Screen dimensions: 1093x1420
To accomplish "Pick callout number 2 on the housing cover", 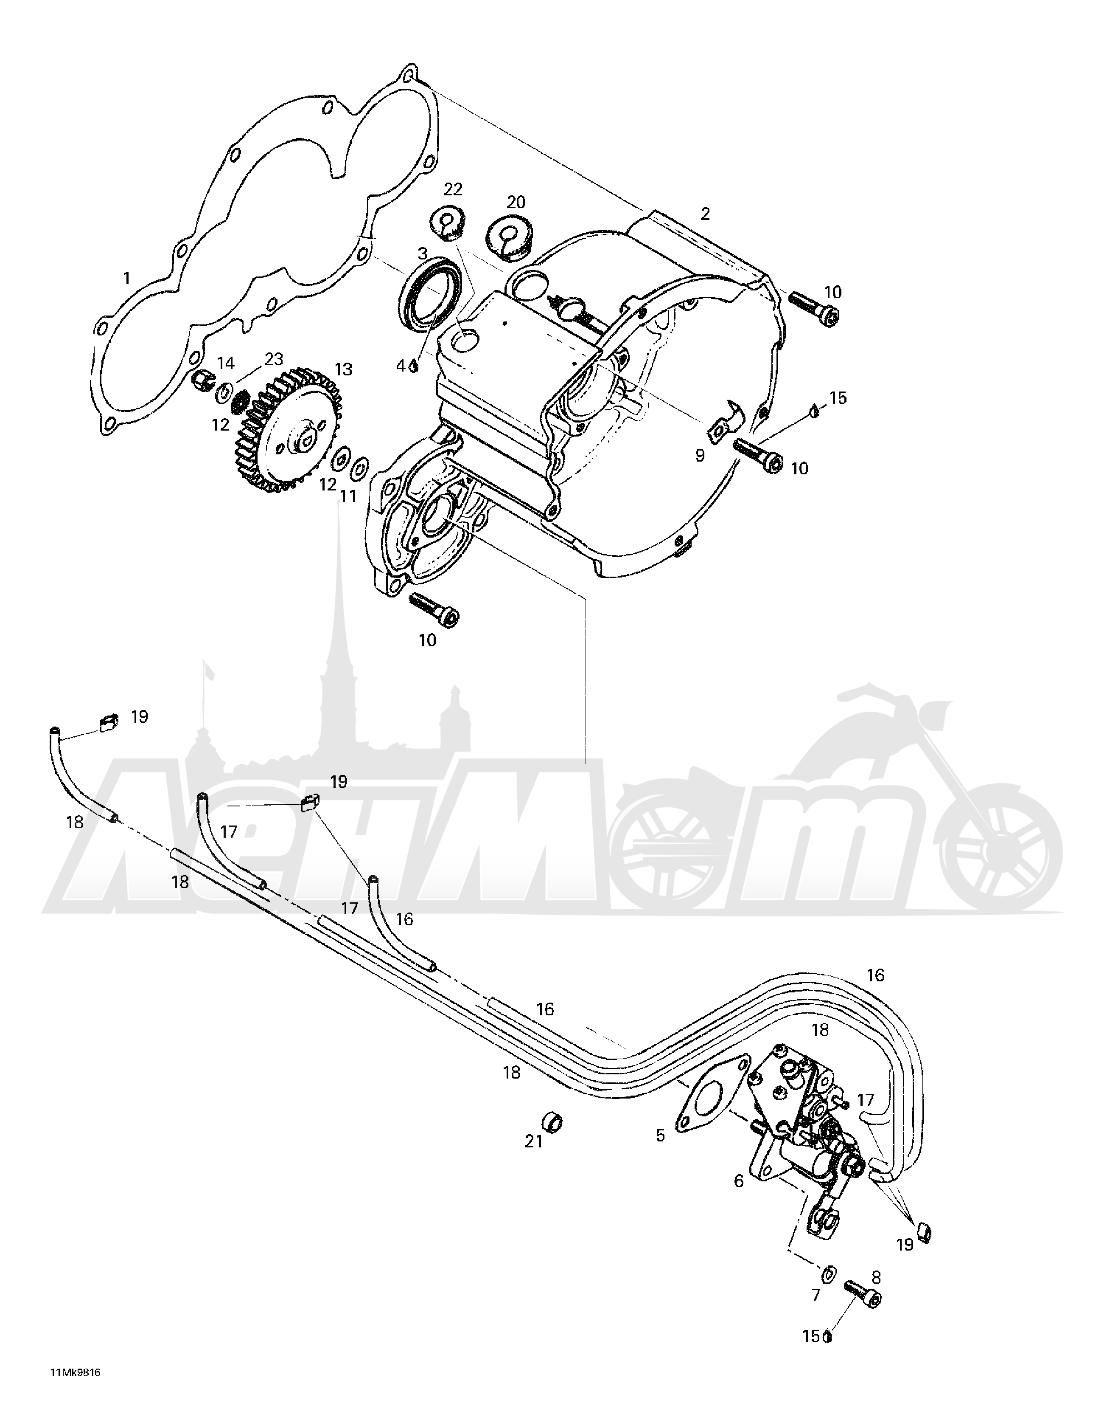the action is tap(705, 213).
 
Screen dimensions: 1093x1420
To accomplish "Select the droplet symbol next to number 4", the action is tap(413, 367).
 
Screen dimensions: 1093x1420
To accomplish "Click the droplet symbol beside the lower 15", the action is tap(828, 1335).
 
